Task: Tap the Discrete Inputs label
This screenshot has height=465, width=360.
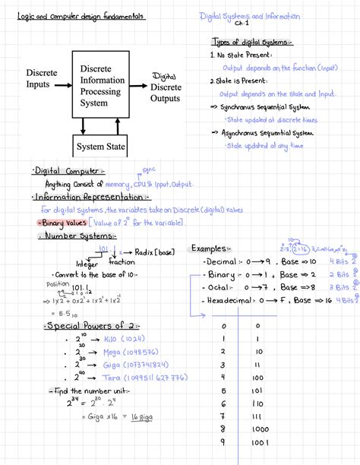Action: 42,78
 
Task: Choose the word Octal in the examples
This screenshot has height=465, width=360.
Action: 221,288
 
